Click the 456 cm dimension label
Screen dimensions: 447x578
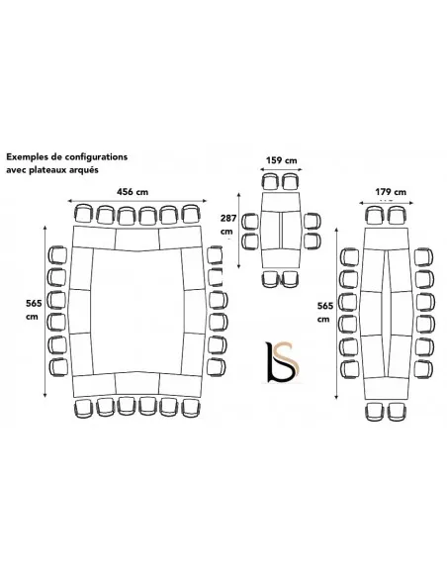(133, 192)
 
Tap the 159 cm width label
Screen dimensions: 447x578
(281, 160)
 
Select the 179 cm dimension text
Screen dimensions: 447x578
(391, 192)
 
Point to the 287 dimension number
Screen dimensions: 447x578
(228, 218)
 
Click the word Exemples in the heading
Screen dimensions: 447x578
(27, 157)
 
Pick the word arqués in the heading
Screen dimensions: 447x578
(85, 170)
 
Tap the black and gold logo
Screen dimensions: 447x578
(282, 361)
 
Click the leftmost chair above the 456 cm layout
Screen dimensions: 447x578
(84, 214)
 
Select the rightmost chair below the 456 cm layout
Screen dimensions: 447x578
(191, 408)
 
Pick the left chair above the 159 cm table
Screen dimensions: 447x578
(271, 181)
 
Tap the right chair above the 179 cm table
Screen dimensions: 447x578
(397, 216)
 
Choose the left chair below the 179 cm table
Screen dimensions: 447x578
(375, 412)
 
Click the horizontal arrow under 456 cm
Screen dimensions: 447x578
(137, 201)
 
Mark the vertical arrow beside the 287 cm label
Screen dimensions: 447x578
(239, 230)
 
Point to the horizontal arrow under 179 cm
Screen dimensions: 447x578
(387, 202)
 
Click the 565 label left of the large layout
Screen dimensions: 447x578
(34, 304)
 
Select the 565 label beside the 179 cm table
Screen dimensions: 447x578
(325, 306)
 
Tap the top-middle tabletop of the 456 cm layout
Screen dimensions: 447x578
(137, 240)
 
